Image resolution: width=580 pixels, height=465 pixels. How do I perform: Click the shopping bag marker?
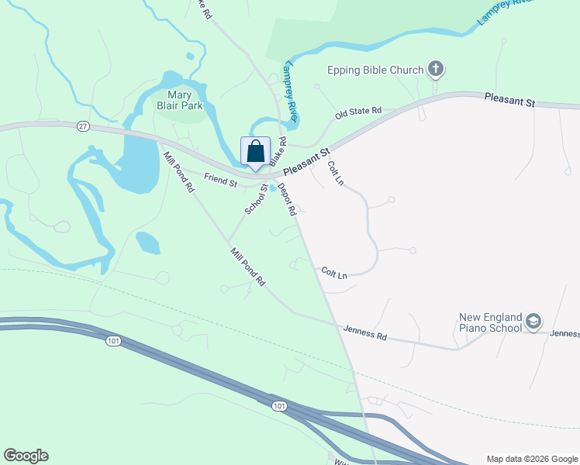coord(256,153)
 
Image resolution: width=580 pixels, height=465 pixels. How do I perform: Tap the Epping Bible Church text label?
coord(375,70)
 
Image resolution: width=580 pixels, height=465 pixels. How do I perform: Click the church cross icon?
coord(436,70)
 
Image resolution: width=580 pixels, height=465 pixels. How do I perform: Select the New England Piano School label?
coord(491,322)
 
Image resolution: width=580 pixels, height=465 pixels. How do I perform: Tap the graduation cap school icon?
coord(533,321)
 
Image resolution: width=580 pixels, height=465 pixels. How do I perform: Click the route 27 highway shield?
coord(83,126)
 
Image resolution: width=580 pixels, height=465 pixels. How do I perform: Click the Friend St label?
coord(220,181)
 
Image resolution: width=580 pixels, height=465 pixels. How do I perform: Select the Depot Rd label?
coord(287,199)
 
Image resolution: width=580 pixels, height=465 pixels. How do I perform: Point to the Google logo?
coord(26,456)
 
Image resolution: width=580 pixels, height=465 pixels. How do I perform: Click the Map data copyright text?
coord(531,459)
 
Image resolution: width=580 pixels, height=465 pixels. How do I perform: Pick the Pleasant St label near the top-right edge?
coord(509,100)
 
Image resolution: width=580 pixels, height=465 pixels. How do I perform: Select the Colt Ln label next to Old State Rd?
coord(335,172)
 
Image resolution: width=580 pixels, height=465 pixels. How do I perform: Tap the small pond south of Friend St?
coord(147,243)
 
